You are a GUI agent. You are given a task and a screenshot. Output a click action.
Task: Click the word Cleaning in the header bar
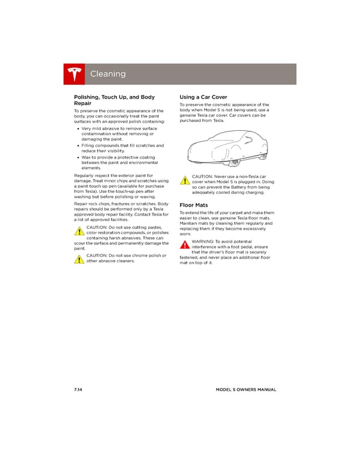pyautogui.click(x=108, y=74)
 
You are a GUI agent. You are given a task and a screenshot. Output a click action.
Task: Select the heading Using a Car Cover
pyautogui.click(x=203, y=97)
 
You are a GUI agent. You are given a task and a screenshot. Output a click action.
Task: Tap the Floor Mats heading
pyautogui.click(x=194, y=205)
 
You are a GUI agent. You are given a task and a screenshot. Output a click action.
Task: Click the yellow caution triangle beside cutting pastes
pyautogui.click(x=79, y=232)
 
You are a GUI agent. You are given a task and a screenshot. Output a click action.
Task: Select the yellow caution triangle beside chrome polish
pyautogui.click(x=79, y=259)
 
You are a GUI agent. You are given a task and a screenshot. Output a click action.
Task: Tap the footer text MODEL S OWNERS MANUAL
pyautogui.click(x=246, y=390)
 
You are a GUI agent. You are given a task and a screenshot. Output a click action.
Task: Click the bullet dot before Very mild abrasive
pyautogui.click(x=79, y=129)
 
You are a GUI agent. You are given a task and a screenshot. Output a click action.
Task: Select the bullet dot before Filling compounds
pyautogui.click(x=79, y=145)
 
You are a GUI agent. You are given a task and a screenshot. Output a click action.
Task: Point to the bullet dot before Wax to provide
pyautogui.click(x=79, y=157)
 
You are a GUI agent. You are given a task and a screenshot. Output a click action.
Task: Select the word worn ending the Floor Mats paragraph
pyautogui.click(x=185, y=234)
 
